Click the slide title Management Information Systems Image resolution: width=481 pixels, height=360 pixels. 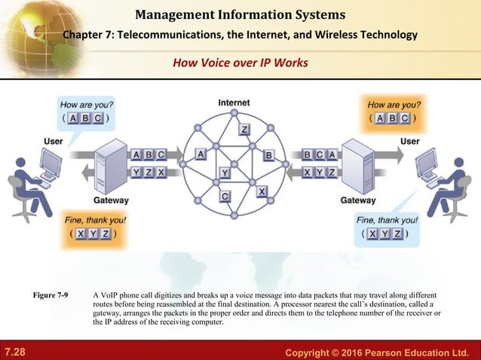(240, 14)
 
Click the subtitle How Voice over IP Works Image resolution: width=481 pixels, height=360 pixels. (240, 63)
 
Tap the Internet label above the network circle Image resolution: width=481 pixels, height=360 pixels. (234, 102)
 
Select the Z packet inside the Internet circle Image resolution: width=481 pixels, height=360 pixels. (244, 130)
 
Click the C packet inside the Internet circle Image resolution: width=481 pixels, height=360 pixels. (225, 197)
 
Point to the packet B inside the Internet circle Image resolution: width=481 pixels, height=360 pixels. (268, 155)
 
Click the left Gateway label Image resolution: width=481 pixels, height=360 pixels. (111, 201)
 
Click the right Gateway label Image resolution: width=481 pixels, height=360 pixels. (358, 201)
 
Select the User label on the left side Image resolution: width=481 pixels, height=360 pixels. (54, 141)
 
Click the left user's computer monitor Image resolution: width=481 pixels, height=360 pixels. (51, 163)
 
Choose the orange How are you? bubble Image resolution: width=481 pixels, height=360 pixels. (394, 111)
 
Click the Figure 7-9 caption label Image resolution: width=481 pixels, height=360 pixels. (54, 294)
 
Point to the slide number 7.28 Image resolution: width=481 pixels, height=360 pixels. (14, 352)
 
